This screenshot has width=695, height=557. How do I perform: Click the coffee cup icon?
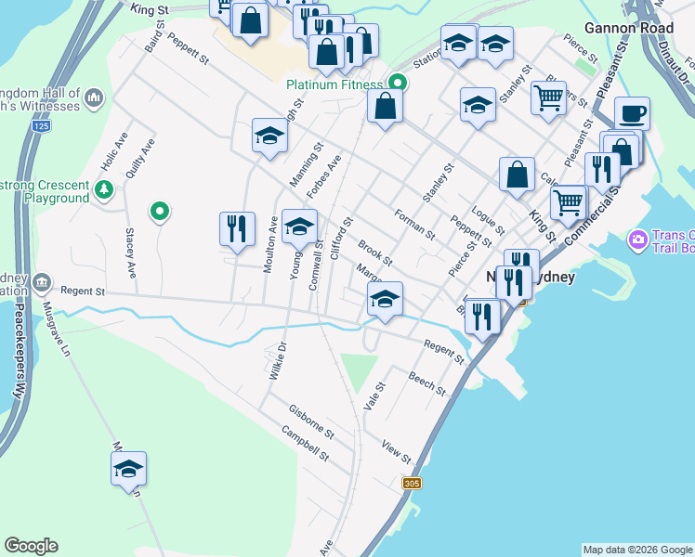(632, 113)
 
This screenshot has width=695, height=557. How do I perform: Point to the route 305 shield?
(413, 484)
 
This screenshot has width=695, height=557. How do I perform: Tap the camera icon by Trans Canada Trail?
(637, 240)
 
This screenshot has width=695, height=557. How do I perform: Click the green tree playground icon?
(105, 191)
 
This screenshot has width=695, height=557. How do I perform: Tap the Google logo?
(31, 546)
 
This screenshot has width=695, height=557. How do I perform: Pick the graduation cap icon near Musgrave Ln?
(128, 470)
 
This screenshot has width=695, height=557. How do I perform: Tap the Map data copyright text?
(637, 550)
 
